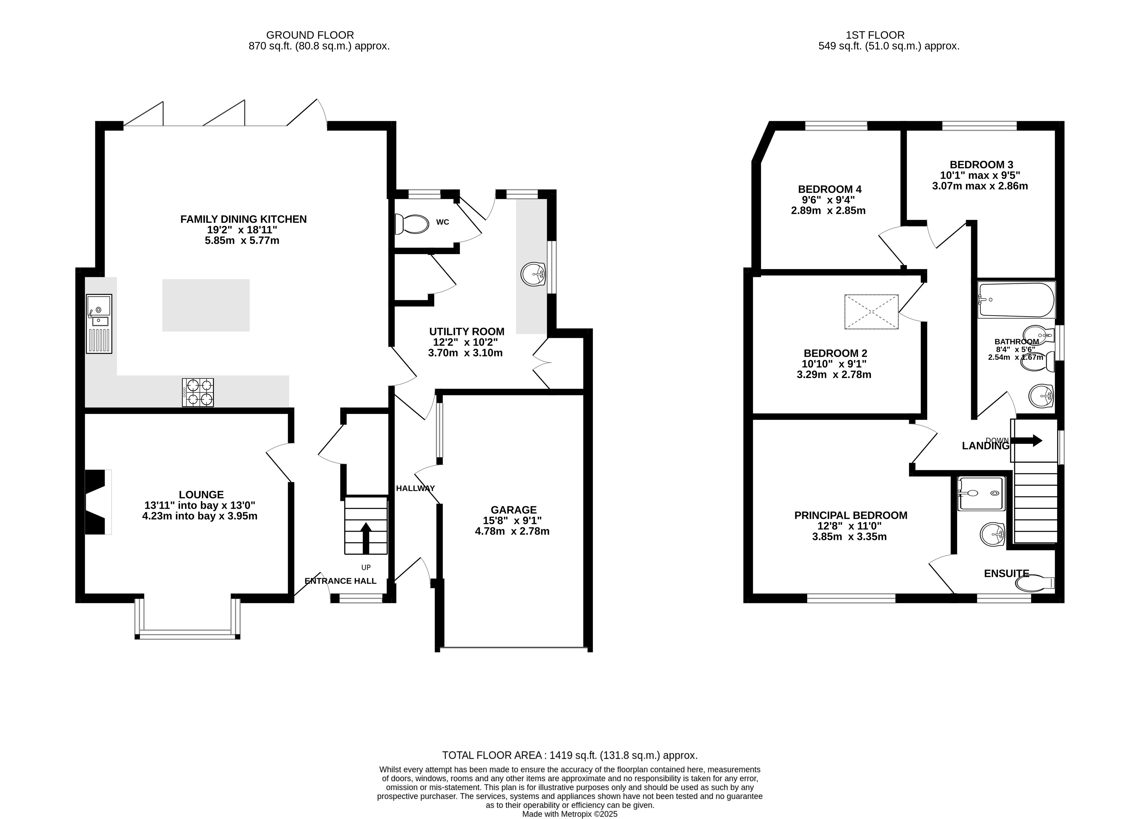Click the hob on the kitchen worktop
[x=198, y=392]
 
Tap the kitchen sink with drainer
[x=99, y=323]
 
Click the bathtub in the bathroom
[x=1016, y=300]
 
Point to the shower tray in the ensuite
[x=981, y=494]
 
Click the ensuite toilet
[x=1034, y=583]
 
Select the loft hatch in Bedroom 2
[x=871, y=312]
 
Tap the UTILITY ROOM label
[x=466, y=332]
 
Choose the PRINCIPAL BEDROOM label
[x=850, y=515]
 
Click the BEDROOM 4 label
[x=829, y=189]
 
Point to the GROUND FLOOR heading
[x=310, y=35]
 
